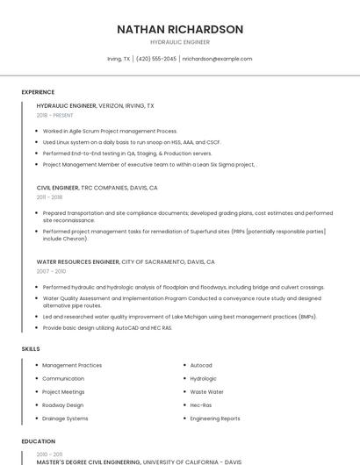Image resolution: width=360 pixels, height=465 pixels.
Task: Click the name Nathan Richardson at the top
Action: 180,29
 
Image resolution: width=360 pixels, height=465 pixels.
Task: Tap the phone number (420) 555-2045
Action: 157,59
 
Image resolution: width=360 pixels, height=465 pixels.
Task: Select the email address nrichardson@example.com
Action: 217,59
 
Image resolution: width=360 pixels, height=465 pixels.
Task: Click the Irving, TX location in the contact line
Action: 119,59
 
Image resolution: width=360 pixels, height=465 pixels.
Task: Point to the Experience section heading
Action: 38,92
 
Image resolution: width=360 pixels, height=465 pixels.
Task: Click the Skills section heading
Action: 30,349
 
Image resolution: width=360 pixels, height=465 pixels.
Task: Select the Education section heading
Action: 38,441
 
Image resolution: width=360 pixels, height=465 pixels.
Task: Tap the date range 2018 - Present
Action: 54,115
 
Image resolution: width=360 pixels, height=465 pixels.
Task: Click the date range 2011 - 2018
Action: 49,197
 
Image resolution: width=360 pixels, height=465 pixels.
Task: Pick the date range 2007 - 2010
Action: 50,271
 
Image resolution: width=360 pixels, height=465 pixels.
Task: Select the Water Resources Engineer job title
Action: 77,261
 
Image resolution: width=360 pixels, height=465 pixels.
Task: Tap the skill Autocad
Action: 201,365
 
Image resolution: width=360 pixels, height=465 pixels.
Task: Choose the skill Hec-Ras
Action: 201,405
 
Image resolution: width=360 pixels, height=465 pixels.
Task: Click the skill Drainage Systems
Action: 65,418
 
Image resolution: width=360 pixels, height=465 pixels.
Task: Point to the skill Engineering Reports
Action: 215,418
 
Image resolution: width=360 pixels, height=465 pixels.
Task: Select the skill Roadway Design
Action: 63,405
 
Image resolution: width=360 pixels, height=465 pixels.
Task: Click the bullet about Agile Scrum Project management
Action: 110,131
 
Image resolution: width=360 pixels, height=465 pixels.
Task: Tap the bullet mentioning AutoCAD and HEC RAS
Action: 107,328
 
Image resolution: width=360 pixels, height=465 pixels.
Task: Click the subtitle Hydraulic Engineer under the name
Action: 180,42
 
